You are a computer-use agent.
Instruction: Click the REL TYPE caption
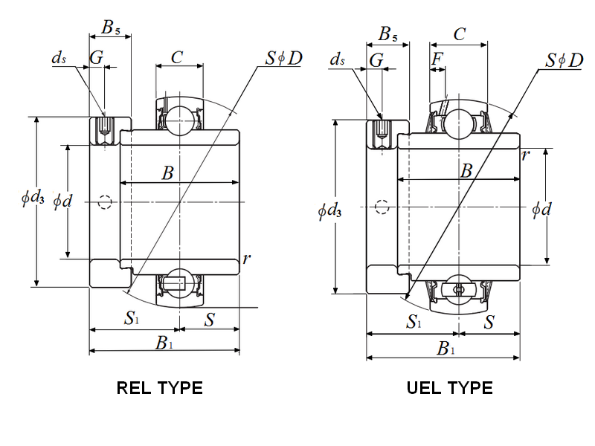point(160,388)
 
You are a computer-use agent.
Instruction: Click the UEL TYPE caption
point(450,388)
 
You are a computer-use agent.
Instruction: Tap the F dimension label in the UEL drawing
point(437,59)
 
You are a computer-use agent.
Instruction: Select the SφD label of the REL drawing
point(283,58)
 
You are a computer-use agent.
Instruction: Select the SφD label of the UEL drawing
point(565,60)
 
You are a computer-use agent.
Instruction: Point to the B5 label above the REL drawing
point(110,28)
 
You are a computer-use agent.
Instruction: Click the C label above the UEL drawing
point(460,34)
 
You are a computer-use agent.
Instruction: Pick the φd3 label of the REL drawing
point(33,198)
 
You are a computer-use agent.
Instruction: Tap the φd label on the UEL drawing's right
point(541,210)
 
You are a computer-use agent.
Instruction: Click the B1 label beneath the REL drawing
point(164,343)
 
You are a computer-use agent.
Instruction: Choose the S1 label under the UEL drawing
point(414,321)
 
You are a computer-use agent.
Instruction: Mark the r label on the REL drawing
point(247,259)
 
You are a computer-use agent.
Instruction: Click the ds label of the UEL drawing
point(337,59)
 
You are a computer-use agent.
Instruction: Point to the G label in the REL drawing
point(97,57)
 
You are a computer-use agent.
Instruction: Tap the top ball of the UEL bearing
point(459,124)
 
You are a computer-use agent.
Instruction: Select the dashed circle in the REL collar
point(105,202)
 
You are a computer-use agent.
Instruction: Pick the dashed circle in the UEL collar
point(382,207)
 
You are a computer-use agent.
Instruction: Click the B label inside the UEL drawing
point(466,171)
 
